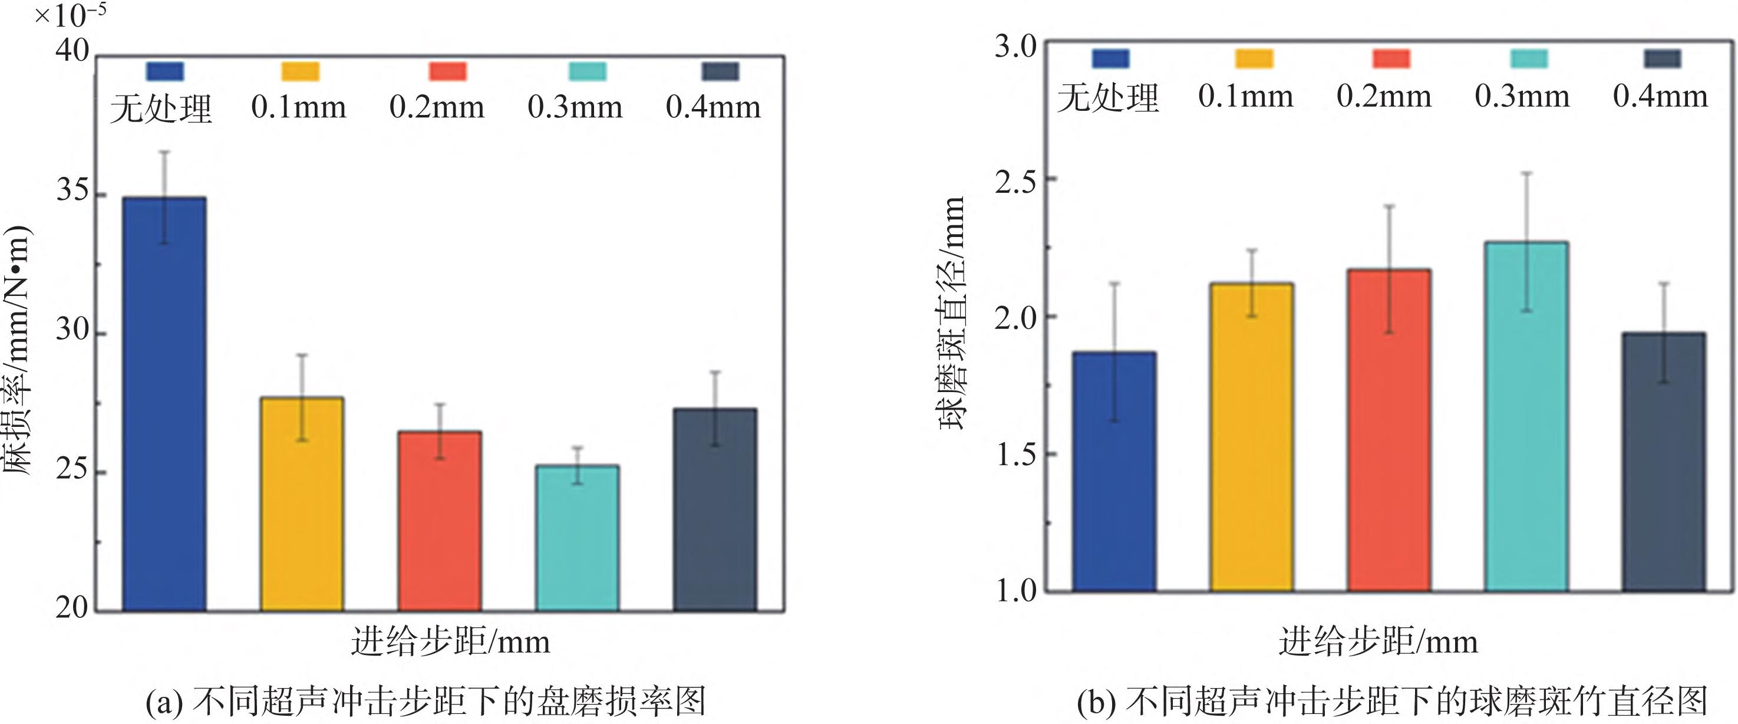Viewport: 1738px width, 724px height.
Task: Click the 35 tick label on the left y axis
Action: pyautogui.click(x=72, y=191)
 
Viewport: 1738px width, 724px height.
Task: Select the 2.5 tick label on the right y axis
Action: pyautogui.click(x=1015, y=181)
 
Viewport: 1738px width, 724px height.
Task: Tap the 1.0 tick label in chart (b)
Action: pyautogui.click(x=1015, y=591)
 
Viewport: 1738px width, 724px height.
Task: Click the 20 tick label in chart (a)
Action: pyautogui.click(x=72, y=608)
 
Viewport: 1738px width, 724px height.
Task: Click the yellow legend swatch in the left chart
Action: pyautogui.click(x=300, y=71)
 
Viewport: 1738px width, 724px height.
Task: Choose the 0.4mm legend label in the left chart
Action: pyautogui.click(x=713, y=107)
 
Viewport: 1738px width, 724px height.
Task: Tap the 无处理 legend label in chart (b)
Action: pyautogui.click(x=1108, y=97)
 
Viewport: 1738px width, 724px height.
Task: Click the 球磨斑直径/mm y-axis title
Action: pyautogui.click(x=951, y=314)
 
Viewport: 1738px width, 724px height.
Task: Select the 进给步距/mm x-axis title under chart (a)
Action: pyautogui.click(x=450, y=641)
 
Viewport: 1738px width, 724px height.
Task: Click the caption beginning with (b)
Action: pyautogui.click(x=1391, y=702)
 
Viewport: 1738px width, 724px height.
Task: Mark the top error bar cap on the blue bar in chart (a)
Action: pyautogui.click(x=164, y=152)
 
